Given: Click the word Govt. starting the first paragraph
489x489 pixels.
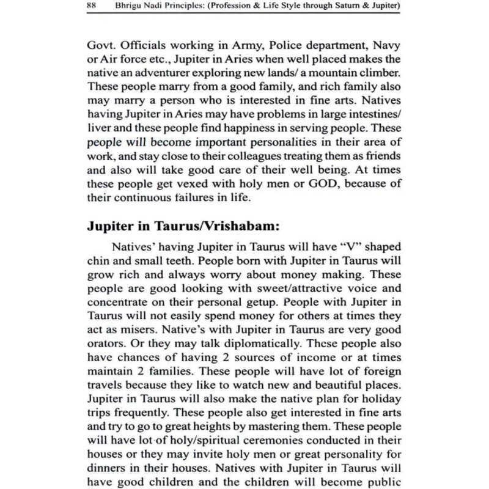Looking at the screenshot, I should pos(100,45).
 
